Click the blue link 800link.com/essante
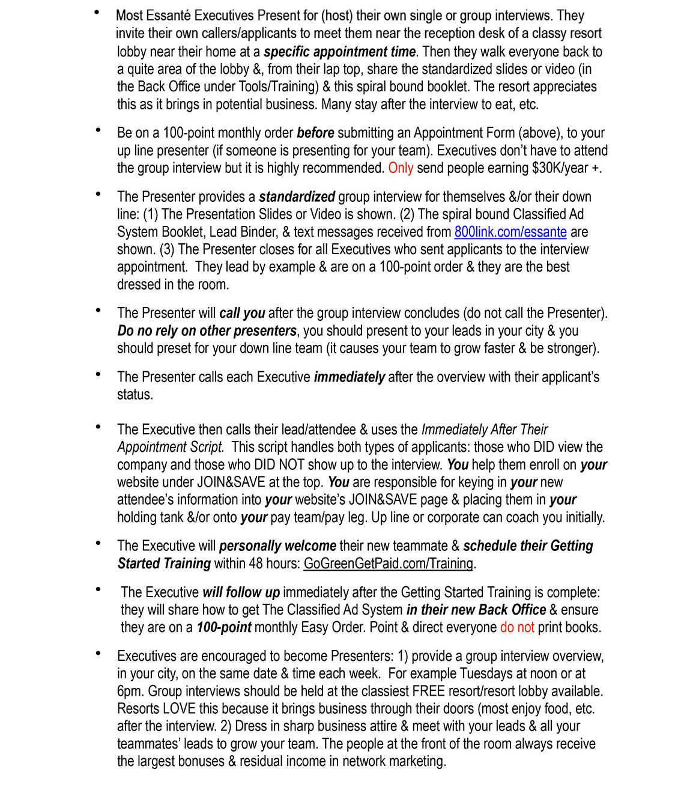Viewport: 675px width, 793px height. (x=510, y=232)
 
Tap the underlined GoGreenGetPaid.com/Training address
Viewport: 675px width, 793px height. (x=389, y=564)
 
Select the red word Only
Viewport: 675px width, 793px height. (x=401, y=168)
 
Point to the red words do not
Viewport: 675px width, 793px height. (x=516, y=627)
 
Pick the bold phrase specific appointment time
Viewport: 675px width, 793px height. (x=339, y=52)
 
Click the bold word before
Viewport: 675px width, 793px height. (x=315, y=133)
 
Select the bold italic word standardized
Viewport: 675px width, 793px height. (x=297, y=197)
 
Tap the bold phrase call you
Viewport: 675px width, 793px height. (x=242, y=313)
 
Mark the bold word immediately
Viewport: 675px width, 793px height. (x=349, y=377)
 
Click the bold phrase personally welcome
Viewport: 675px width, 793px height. (x=277, y=546)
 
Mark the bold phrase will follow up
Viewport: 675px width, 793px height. (x=241, y=592)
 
